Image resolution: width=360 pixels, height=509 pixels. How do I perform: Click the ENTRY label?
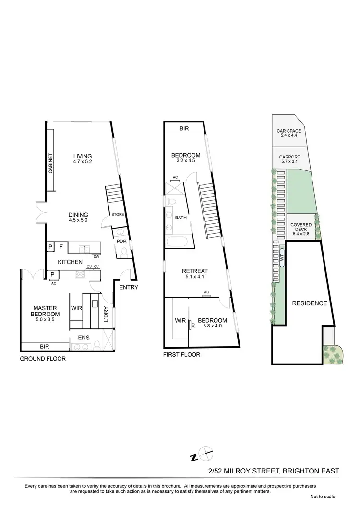(x=128, y=288)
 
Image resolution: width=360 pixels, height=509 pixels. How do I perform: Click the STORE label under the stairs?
(x=118, y=215)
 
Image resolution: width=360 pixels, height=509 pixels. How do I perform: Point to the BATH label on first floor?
(x=181, y=218)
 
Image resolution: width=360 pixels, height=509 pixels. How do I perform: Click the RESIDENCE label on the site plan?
(x=310, y=303)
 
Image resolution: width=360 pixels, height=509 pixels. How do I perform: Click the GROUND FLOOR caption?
(x=42, y=359)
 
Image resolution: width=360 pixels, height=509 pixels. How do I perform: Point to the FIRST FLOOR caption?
(x=182, y=355)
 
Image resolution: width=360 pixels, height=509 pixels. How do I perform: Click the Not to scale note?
(x=323, y=497)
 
